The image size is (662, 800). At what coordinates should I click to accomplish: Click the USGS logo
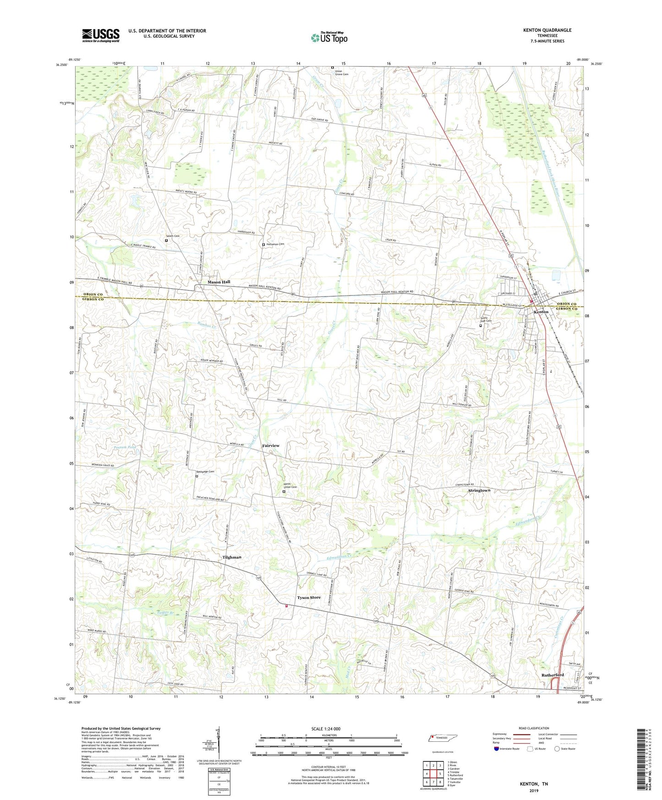click(100, 35)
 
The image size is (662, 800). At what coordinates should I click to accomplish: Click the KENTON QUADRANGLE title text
click(547, 30)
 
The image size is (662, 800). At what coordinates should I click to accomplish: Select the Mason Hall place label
click(219, 282)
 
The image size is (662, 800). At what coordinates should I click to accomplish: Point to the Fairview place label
click(271, 445)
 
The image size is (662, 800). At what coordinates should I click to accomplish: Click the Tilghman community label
click(231, 557)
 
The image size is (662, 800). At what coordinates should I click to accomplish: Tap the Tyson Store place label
click(309, 597)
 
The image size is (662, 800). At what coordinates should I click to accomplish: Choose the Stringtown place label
click(479, 490)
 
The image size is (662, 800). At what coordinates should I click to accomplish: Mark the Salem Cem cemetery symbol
click(166, 240)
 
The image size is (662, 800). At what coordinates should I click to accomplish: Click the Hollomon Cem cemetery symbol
click(263, 245)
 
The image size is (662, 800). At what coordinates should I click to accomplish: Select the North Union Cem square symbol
click(284, 492)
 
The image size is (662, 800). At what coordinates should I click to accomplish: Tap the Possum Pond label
click(125, 447)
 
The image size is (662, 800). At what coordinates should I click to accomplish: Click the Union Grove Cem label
click(342, 72)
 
